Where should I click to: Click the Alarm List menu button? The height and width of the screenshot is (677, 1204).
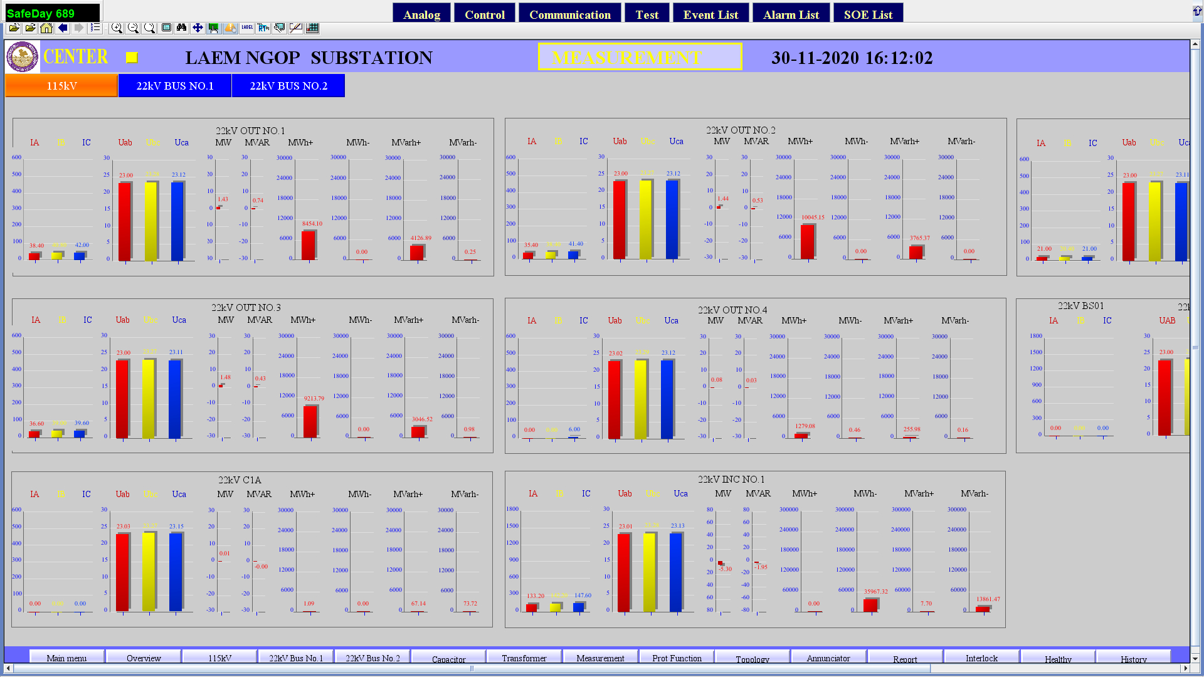791,14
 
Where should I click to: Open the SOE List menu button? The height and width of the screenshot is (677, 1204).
868,14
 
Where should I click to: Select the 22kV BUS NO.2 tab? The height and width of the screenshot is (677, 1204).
288,86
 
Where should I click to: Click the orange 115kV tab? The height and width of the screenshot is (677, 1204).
61,86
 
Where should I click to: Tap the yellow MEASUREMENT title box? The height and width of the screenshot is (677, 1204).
640,57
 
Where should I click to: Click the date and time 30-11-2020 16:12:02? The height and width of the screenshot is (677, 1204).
852,58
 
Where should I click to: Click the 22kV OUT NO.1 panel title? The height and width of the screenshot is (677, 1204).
250,130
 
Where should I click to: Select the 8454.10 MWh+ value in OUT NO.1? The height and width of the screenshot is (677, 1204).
312,224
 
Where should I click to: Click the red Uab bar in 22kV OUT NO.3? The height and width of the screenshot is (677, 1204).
123,398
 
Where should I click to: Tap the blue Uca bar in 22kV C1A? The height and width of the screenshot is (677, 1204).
176,572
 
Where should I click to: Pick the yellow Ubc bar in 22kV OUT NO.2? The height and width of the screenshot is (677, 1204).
646,219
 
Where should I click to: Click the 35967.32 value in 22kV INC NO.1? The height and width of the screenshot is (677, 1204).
875,592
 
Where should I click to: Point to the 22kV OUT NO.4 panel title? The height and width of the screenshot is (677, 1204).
732,310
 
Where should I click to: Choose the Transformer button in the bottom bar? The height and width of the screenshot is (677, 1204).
524,658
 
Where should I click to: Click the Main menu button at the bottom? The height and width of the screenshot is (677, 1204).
66,658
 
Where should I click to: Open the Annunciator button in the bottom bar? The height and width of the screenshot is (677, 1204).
828,658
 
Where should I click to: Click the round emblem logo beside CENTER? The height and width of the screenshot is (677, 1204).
23,57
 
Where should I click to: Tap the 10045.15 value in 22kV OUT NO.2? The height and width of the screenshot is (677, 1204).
813,218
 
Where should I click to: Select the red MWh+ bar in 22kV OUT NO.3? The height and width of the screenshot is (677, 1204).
310,421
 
